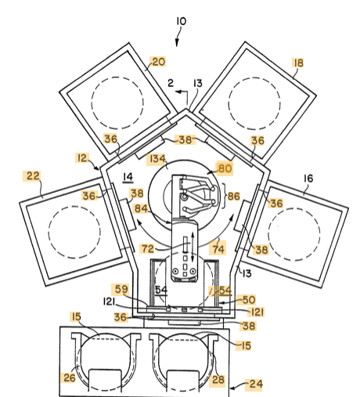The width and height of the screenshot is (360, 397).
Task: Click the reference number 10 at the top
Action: click(182, 21)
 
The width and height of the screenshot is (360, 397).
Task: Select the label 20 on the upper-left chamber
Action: click(158, 62)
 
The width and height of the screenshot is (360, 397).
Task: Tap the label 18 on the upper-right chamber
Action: click(299, 63)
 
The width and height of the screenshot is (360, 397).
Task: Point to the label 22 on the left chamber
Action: click(33, 175)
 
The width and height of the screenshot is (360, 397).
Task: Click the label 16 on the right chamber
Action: click(308, 179)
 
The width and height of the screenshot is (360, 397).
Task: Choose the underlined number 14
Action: click(128, 177)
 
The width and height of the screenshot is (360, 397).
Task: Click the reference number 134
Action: click(157, 159)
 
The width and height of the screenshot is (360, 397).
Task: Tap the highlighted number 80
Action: click(225, 168)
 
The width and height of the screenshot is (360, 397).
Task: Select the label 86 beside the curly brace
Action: click(233, 196)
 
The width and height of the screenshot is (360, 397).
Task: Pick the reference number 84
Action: click(141, 208)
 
